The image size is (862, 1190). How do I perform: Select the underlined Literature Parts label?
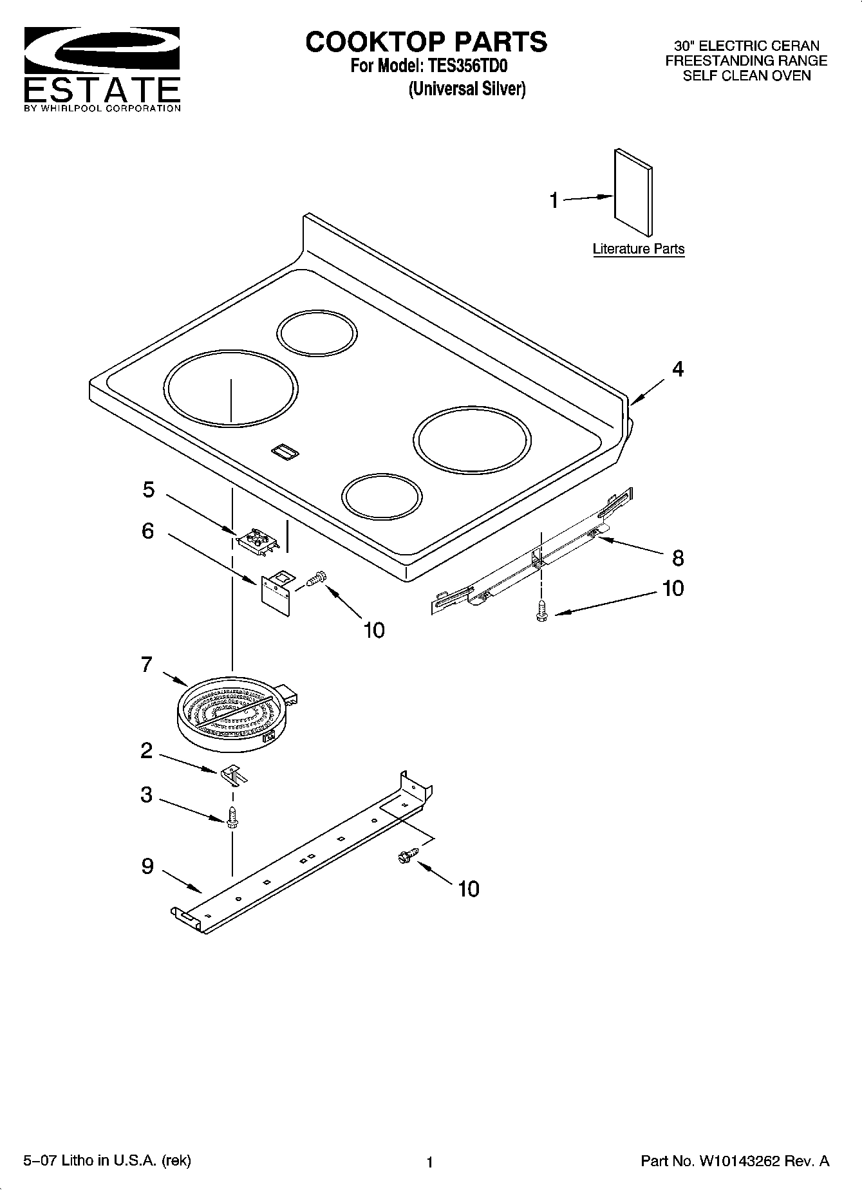coord(638,249)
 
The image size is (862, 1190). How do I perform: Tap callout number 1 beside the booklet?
coord(554,200)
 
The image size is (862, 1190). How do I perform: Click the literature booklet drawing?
coord(633,193)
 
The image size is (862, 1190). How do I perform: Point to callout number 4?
coord(677,369)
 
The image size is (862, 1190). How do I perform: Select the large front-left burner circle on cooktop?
coord(230,387)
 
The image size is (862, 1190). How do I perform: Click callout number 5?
coord(149,490)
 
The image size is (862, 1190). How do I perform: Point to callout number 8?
coord(678,558)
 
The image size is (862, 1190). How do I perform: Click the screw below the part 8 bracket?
coord(541,609)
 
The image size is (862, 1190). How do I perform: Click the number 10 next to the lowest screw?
coord(469,889)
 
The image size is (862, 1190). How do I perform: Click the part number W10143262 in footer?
coord(738,1161)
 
